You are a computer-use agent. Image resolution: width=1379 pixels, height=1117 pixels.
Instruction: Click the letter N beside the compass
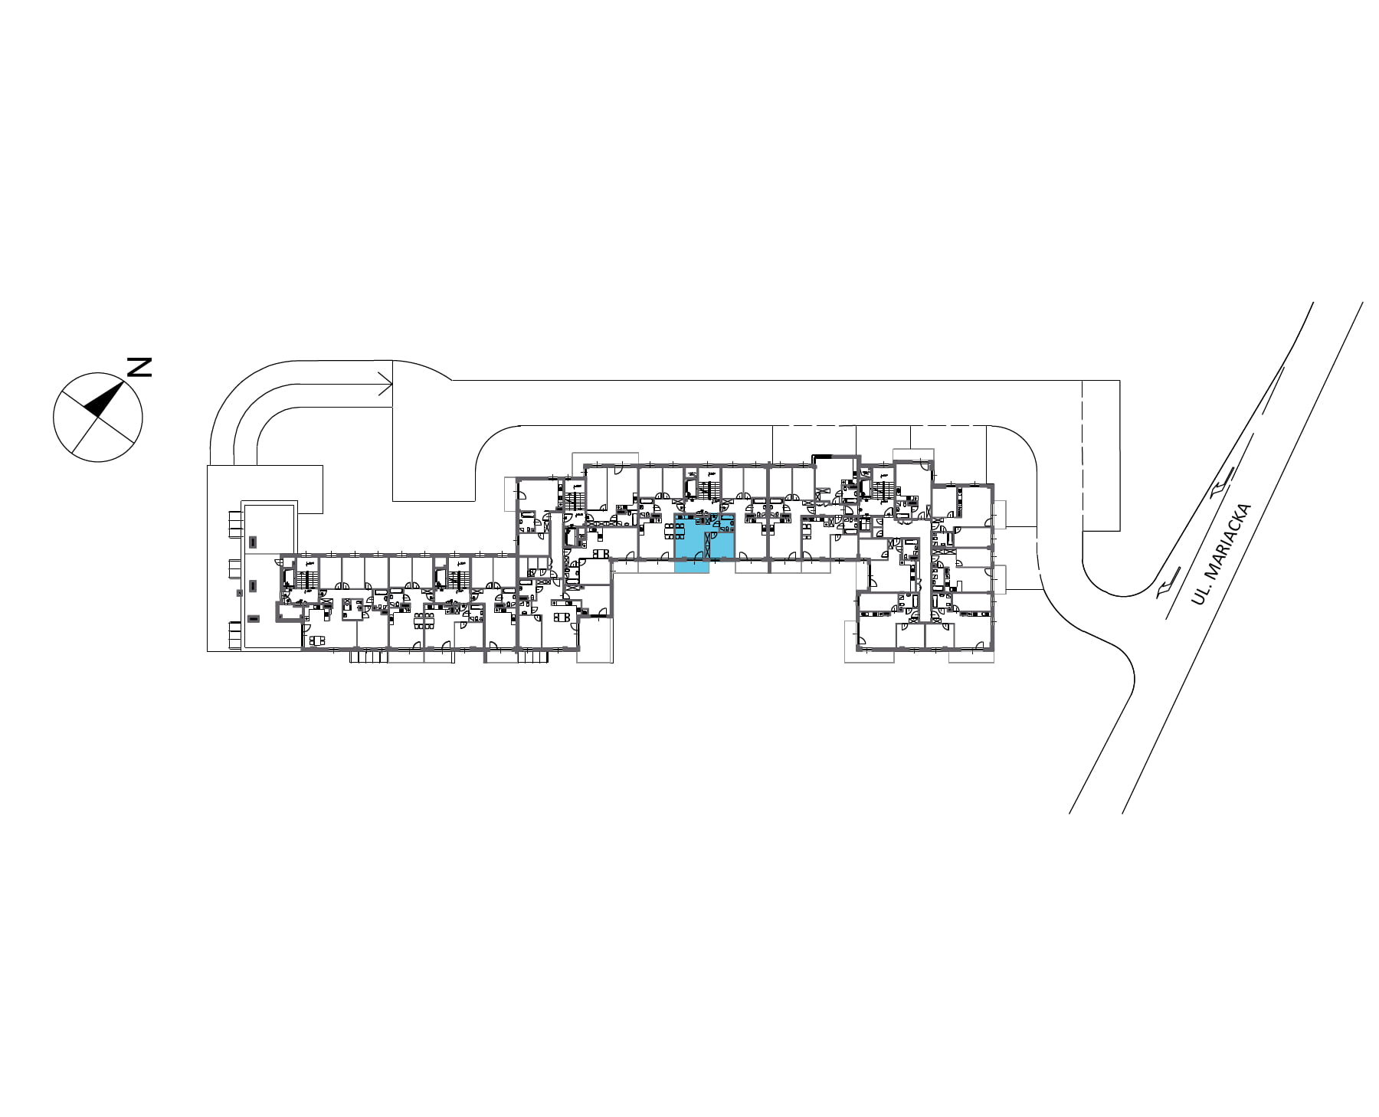pyautogui.click(x=139, y=367)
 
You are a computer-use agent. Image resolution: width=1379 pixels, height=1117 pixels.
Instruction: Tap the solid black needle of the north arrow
pyautogui.click(x=105, y=398)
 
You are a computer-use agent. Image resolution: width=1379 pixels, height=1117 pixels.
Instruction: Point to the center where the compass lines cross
pyautogui.click(x=97, y=418)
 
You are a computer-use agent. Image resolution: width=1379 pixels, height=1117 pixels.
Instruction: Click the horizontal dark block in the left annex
pyautogui.click(x=254, y=618)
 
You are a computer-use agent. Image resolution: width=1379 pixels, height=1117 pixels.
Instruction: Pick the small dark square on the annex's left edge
pyautogui.click(x=240, y=593)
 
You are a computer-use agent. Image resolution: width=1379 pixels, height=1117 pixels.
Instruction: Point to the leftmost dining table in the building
pyautogui.click(x=316, y=619)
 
